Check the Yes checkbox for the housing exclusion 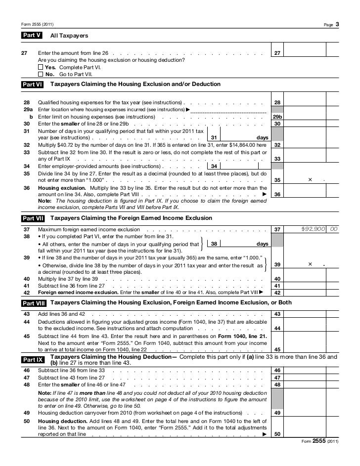(41, 67)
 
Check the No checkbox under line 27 (41, 74)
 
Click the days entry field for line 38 (237, 244)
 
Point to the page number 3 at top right (336, 24)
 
